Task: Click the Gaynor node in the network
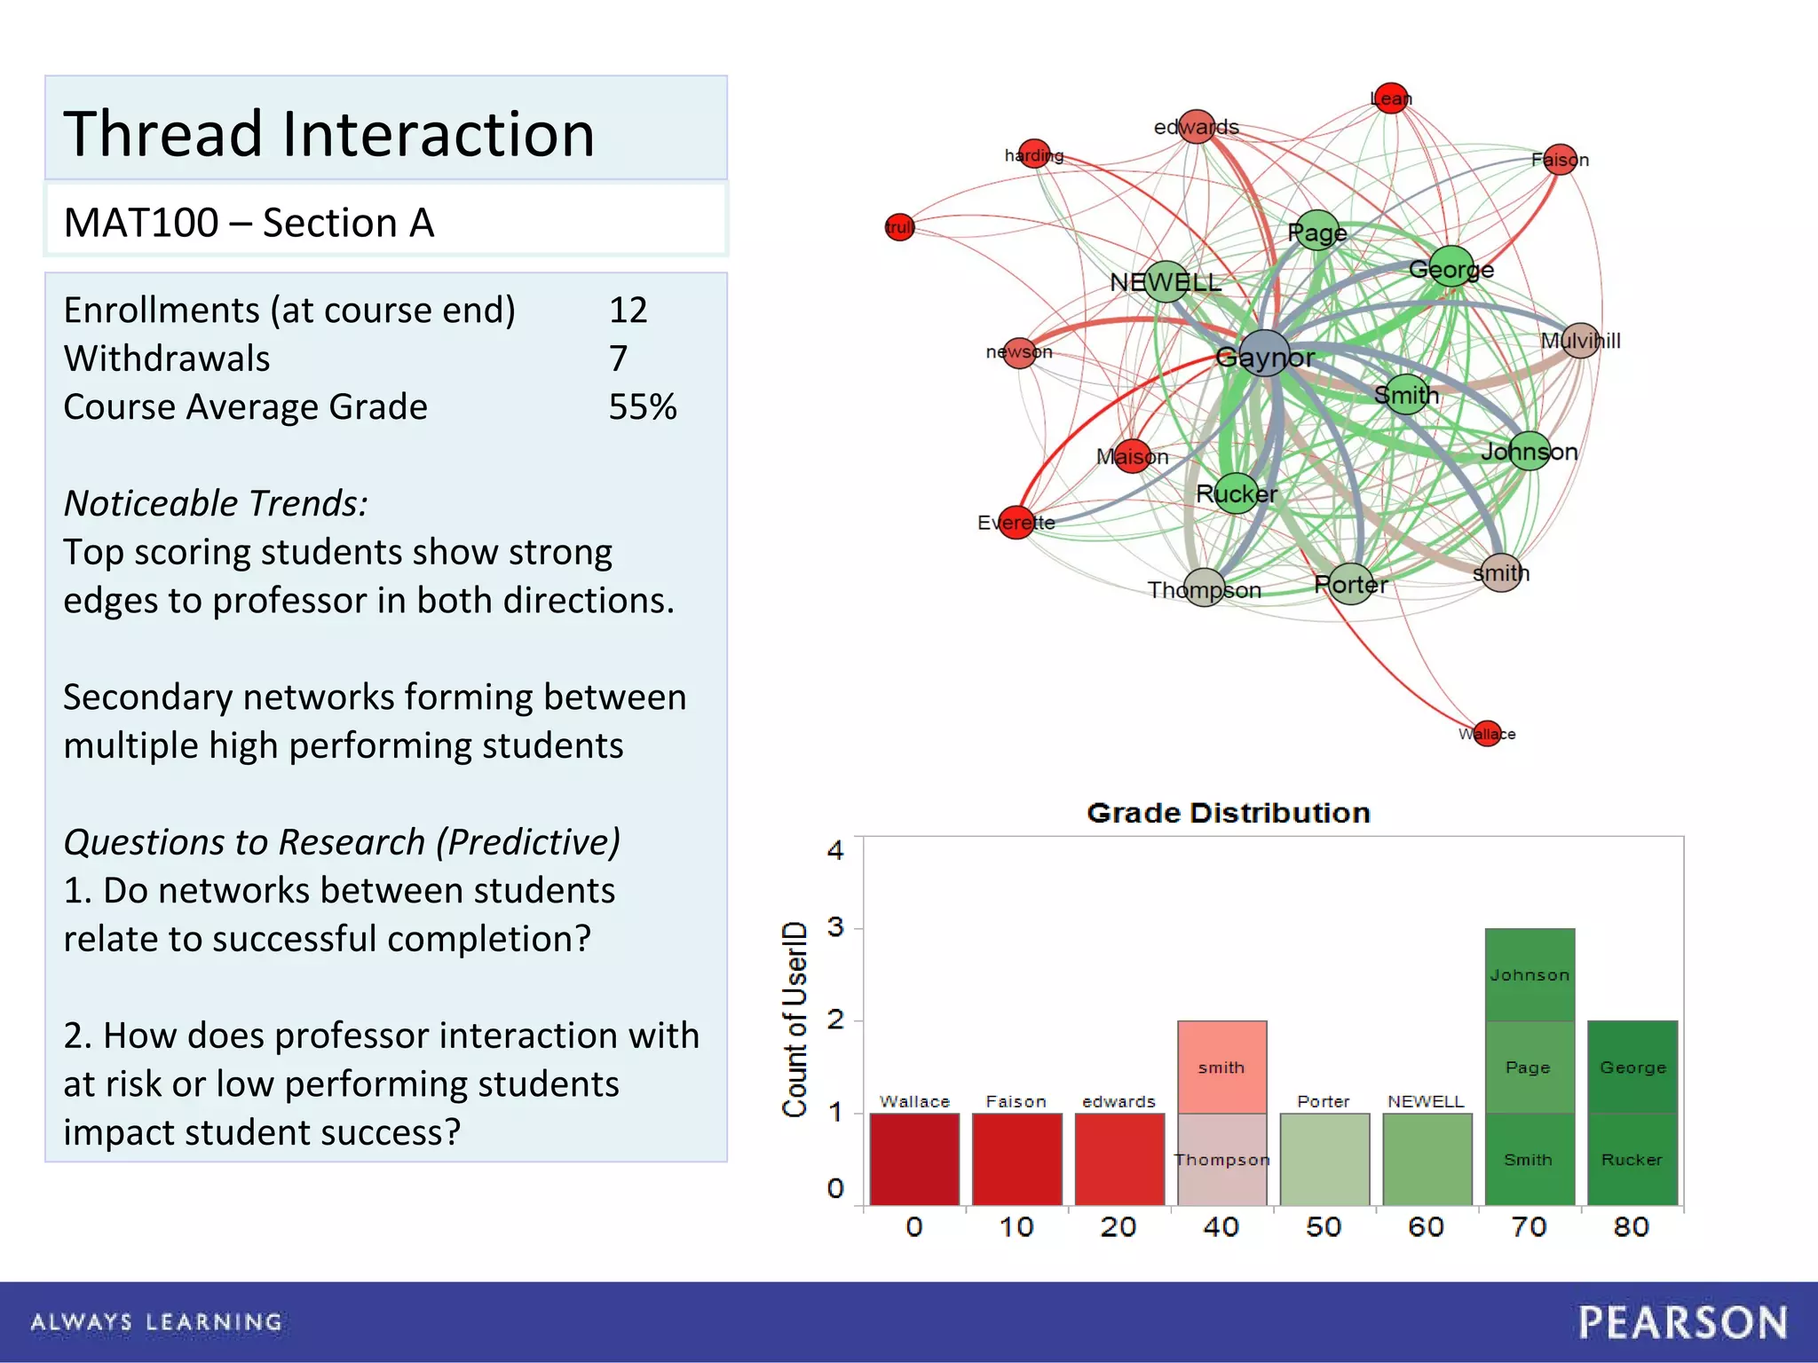(x=1264, y=352)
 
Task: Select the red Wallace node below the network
(x=1487, y=733)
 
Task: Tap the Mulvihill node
(x=1580, y=340)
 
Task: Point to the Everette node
(x=1016, y=522)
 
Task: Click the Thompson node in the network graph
(x=1205, y=587)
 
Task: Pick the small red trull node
(x=899, y=227)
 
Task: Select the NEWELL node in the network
(x=1166, y=281)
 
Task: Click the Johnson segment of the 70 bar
(x=1529, y=974)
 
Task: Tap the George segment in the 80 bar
(x=1632, y=1067)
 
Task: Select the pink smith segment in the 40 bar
(x=1221, y=1067)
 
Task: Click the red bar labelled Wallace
(x=914, y=1158)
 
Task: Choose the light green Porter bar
(x=1324, y=1158)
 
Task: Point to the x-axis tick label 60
(x=1426, y=1226)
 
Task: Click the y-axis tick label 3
(x=834, y=928)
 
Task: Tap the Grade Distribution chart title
(x=1229, y=813)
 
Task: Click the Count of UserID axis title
(x=795, y=1019)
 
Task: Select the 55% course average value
(x=642, y=407)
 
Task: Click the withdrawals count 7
(x=619, y=358)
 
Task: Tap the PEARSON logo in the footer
(x=1682, y=1322)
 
